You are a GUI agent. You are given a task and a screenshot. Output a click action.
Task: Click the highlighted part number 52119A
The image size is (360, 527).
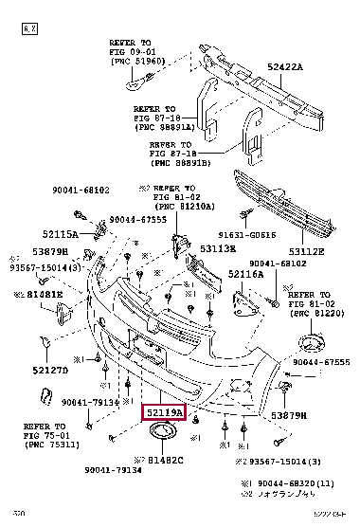coord(163,412)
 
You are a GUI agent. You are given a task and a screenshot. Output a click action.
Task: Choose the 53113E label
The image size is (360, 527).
coord(217,248)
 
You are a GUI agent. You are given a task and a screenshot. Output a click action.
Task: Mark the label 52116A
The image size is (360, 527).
coord(244,273)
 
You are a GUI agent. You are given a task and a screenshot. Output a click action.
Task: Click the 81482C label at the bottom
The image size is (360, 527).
coord(162,460)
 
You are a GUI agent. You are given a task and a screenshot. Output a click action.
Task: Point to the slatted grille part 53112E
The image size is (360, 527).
coord(290,198)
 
